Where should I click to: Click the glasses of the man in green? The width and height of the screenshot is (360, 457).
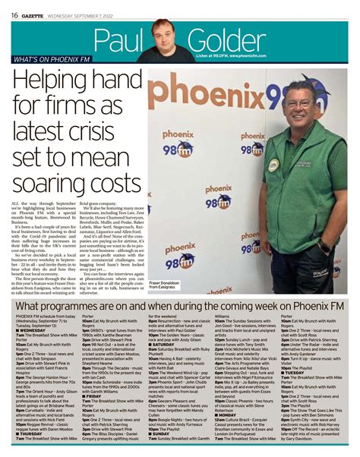[302, 101]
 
